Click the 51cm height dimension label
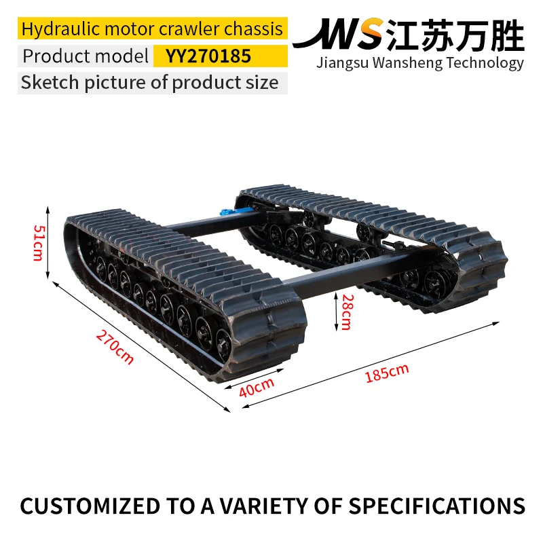[38, 242]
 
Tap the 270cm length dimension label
[115, 347]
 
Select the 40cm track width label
[257, 387]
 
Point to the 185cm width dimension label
[387, 373]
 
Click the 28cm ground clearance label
[348, 312]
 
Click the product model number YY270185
[208, 56]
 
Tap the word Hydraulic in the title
[61, 29]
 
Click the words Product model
[86, 56]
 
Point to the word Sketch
[50, 82]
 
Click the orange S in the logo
[368, 33]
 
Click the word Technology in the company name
[485, 63]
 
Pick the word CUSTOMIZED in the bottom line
[90, 506]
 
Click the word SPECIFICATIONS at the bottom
[436, 506]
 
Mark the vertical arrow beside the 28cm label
[336, 312]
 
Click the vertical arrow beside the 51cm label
[48, 242]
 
